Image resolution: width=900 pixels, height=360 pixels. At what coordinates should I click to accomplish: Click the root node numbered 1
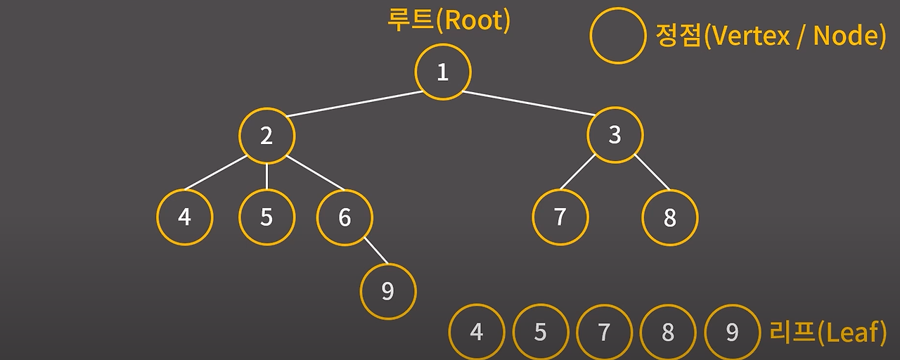click(x=442, y=72)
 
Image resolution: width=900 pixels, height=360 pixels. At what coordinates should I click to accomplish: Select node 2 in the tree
click(x=266, y=136)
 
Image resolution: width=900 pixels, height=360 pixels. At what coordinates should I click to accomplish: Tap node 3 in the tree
click(x=615, y=135)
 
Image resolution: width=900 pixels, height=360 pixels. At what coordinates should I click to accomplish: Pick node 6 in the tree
click(x=345, y=217)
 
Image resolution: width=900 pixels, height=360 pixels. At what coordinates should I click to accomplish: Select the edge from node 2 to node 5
click(x=266, y=176)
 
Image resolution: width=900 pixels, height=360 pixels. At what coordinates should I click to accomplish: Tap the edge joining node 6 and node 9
click(x=375, y=252)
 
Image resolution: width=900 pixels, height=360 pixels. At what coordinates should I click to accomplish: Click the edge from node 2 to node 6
click(x=315, y=173)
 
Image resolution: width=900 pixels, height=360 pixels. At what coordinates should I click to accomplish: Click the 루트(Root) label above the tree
click(x=448, y=20)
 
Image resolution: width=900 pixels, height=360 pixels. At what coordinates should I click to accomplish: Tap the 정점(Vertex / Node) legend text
click(x=770, y=35)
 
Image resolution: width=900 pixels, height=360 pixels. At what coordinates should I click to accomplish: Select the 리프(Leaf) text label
click(x=828, y=331)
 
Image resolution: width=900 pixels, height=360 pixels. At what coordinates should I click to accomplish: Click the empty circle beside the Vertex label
click(x=617, y=36)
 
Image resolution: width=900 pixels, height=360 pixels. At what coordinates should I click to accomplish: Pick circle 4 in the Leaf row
click(x=477, y=332)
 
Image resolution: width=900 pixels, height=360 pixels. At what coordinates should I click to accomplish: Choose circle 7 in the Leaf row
click(x=604, y=332)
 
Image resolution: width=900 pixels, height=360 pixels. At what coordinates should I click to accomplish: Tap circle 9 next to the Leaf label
click(x=732, y=332)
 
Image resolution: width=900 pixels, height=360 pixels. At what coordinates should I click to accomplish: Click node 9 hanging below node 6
click(x=388, y=291)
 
